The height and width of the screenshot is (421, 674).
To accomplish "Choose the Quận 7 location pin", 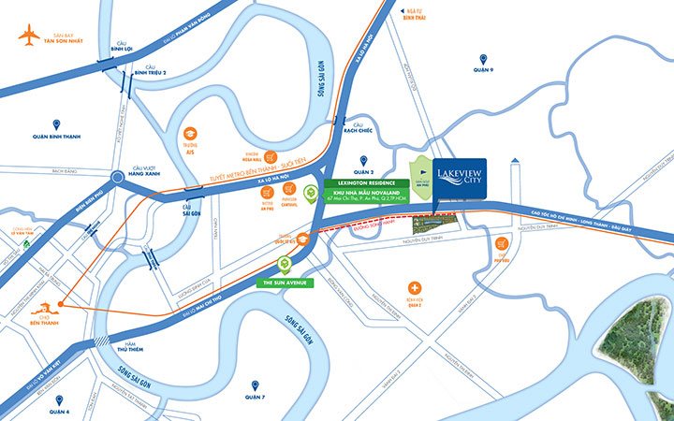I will pyautogui.click(x=254, y=385).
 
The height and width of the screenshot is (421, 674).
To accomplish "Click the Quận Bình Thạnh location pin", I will pyautogui.click(x=56, y=123).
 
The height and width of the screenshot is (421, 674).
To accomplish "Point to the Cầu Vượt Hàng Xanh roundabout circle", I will pyautogui.click(x=114, y=176).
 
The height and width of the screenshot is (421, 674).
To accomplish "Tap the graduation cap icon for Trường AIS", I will pyautogui.click(x=189, y=135).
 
